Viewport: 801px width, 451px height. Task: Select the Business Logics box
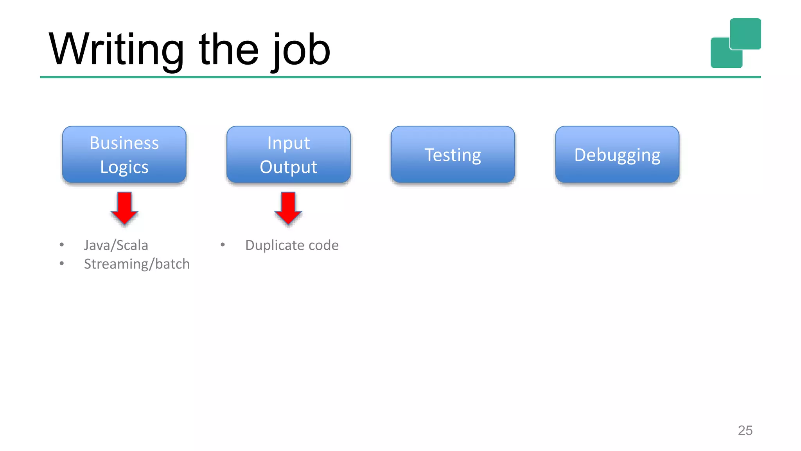point(124,154)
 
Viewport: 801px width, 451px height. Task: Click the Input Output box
point(288,154)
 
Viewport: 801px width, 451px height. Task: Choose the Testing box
point(453,155)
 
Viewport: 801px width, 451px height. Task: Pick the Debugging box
point(617,155)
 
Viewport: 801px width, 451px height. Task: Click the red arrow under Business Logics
point(124,207)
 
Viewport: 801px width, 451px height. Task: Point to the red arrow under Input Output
point(288,207)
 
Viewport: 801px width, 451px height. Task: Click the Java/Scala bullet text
point(116,245)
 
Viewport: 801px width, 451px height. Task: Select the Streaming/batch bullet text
point(136,264)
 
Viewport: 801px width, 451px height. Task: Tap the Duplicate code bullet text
point(292,245)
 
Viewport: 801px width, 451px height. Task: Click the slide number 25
point(745,430)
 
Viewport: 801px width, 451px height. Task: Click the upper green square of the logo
point(745,33)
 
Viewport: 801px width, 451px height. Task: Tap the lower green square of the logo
point(722,57)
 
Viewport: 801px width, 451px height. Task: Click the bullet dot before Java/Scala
point(62,245)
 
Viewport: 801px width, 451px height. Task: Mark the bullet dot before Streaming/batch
point(62,263)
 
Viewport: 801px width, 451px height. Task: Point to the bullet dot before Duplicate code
point(223,245)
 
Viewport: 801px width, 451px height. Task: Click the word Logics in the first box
point(124,167)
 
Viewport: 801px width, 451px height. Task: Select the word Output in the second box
point(288,167)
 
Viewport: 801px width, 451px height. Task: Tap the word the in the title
point(228,50)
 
